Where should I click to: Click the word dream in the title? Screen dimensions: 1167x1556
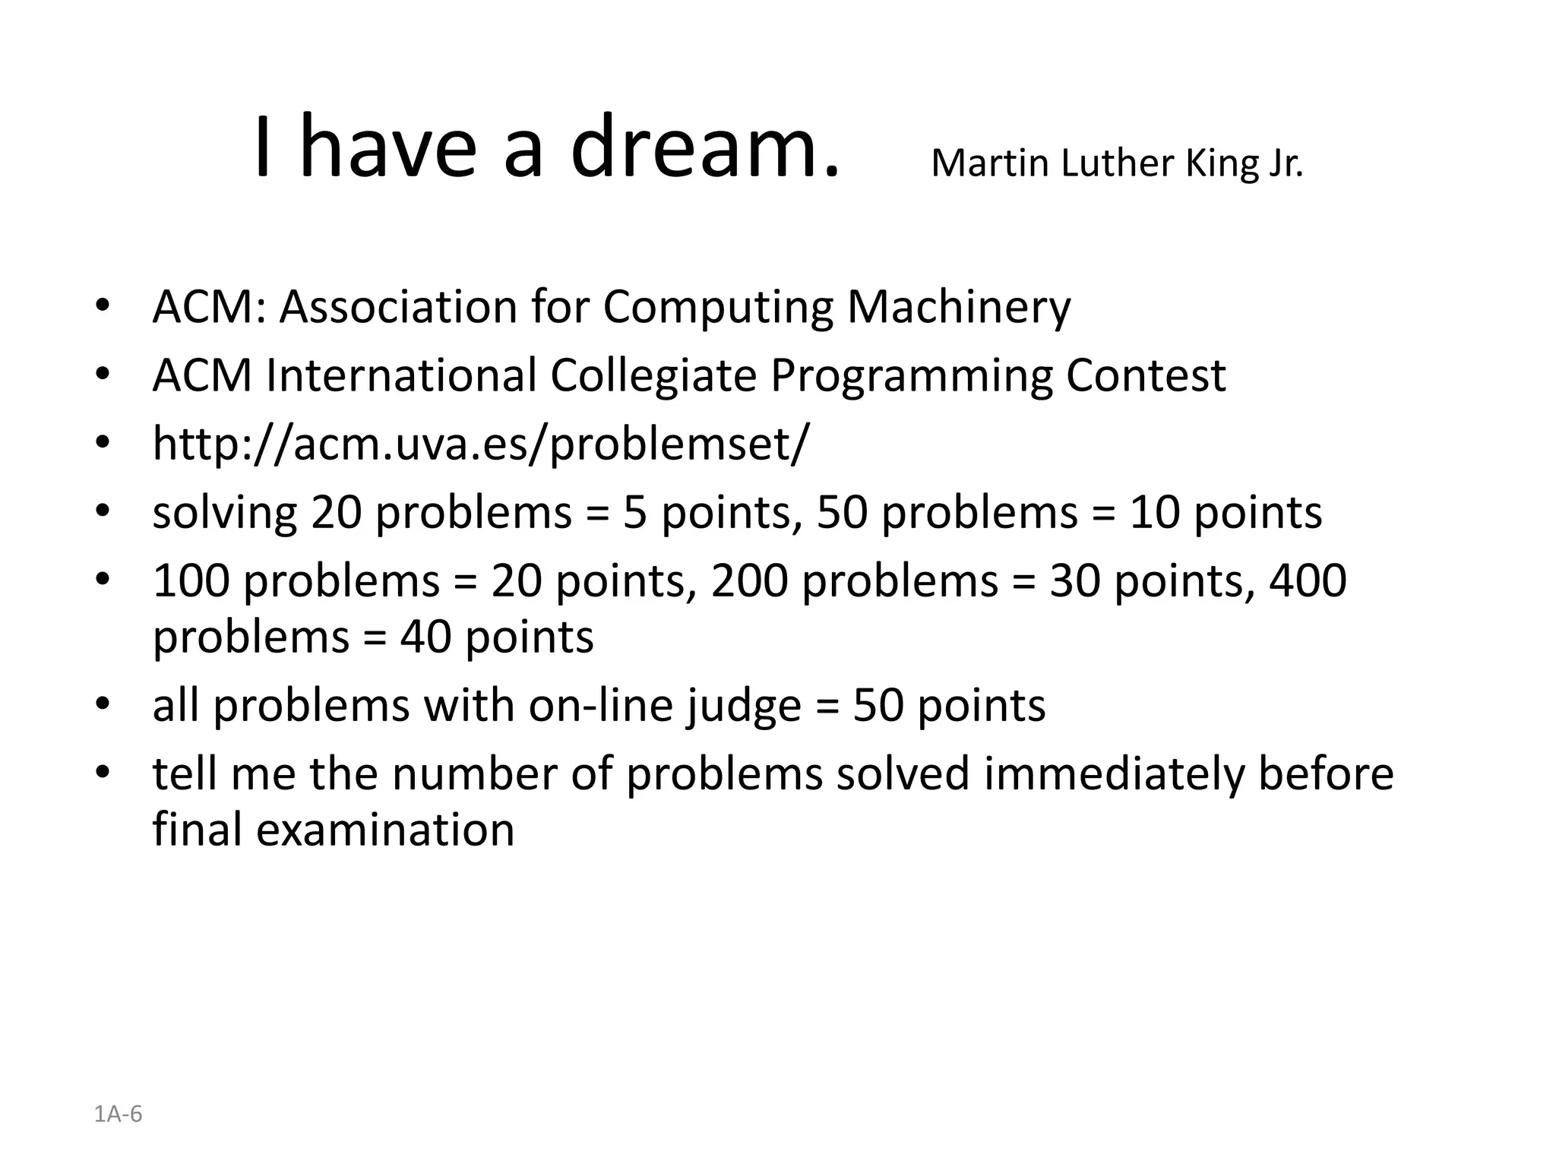pyautogui.click(x=705, y=146)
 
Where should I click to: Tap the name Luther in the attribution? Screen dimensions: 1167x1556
pyautogui.click(x=1116, y=163)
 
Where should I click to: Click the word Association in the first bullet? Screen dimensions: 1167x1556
pyautogui.click(x=398, y=307)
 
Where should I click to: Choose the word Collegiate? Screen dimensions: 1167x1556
pyautogui.click(x=653, y=375)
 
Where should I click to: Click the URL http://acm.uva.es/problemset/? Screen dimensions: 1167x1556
pyautogui.click(x=481, y=444)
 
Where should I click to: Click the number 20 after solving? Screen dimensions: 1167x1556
pyautogui.click(x=337, y=512)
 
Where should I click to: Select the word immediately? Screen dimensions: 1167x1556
pyautogui.click(x=1114, y=773)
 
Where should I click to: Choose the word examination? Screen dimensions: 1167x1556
pyautogui.click(x=384, y=830)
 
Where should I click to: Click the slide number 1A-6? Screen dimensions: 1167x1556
pyautogui.click(x=118, y=1115)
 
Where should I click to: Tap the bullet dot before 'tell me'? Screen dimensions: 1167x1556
pyautogui.click(x=103, y=773)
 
